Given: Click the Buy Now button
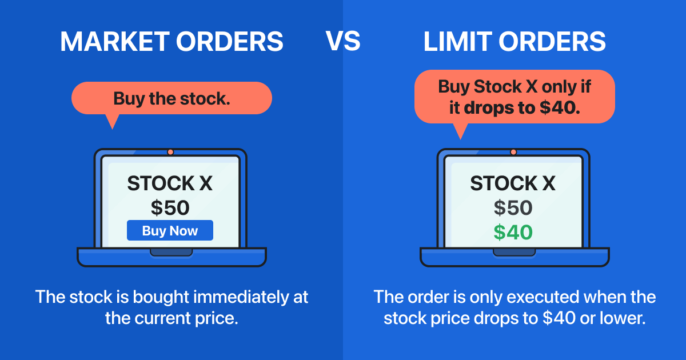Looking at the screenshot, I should click(x=170, y=231).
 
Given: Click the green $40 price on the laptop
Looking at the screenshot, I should click(x=513, y=232).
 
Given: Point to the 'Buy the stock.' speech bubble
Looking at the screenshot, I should click(x=171, y=99).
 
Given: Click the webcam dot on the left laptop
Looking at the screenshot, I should click(x=170, y=152).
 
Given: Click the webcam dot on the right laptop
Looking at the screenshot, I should click(x=513, y=152).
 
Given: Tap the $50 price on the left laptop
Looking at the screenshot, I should click(x=170, y=207).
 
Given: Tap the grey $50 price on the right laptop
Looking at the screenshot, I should click(x=513, y=207).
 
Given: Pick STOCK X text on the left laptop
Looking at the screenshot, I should click(x=170, y=183).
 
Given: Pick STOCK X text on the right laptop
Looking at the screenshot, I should click(x=513, y=183).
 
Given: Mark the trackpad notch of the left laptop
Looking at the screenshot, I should click(x=171, y=252).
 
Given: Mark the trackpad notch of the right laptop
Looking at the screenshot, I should click(x=514, y=252).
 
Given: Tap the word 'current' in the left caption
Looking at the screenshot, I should click(x=161, y=318).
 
